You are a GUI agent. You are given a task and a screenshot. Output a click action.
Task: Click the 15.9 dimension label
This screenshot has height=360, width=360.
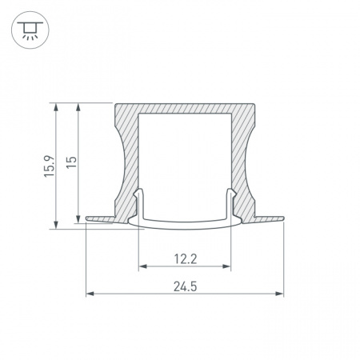pos(50,166)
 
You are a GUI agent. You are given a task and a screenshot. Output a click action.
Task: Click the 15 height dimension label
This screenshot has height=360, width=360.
pos(71,162)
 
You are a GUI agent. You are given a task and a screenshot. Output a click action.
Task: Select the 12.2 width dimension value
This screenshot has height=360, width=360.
pos(186,259)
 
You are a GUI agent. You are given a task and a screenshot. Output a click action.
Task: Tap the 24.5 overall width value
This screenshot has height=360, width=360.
pos(186,286)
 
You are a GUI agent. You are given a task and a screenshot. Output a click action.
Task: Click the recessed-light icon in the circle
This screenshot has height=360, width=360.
pos(30,30)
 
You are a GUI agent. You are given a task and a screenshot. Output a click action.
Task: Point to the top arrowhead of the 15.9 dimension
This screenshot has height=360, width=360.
pos(56,107)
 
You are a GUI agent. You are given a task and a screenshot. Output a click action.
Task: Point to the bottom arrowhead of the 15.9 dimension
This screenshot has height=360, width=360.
pos(56,225)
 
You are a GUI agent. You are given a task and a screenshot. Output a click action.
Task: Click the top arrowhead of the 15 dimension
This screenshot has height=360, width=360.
pos(78,107)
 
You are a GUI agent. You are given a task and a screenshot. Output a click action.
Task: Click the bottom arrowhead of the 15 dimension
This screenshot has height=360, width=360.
pos(78,219)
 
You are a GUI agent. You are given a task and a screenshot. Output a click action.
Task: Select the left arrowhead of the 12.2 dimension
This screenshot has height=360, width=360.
pos(143,266)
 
